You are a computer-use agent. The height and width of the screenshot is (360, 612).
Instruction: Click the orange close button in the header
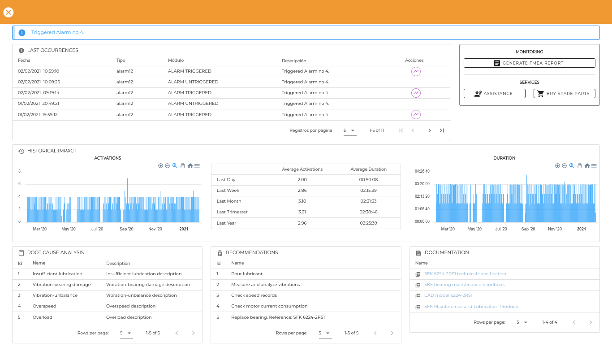(x=9, y=12)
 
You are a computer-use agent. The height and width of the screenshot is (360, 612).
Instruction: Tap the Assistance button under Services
(x=494, y=94)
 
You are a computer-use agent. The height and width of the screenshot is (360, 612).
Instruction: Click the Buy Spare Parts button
(x=564, y=94)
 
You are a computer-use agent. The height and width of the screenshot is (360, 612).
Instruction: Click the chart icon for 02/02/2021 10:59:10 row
(x=416, y=71)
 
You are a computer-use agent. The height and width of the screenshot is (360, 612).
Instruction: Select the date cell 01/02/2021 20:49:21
(x=39, y=103)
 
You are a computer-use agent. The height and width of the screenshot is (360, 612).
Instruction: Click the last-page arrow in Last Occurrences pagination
(x=441, y=130)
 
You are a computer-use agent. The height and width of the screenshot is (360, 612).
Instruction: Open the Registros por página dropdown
(x=349, y=130)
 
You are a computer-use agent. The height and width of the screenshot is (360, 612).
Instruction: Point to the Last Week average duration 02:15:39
(x=368, y=190)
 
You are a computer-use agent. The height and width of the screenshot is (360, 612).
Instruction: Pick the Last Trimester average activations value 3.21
(x=302, y=212)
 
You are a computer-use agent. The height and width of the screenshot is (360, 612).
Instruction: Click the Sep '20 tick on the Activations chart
(x=126, y=229)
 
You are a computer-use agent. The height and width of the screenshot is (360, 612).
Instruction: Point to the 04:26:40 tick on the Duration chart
(x=422, y=171)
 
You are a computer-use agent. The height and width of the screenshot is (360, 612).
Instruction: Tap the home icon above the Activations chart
(x=190, y=165)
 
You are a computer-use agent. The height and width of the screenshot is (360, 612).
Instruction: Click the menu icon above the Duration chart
(x=594, y=165)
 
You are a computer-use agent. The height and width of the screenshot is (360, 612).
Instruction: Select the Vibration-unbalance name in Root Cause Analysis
(x=55, y=295)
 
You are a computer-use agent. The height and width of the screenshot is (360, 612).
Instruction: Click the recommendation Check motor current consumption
(x=269, y=306)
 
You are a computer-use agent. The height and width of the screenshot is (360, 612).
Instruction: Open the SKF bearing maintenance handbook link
(x=464, y=285)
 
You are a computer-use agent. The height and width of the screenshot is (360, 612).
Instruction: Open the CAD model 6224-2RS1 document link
(x=448, y=295)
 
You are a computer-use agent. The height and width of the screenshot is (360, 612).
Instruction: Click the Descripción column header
(x=294, y=61)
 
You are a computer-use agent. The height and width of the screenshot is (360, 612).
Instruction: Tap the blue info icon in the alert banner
(x=22, y=33)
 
